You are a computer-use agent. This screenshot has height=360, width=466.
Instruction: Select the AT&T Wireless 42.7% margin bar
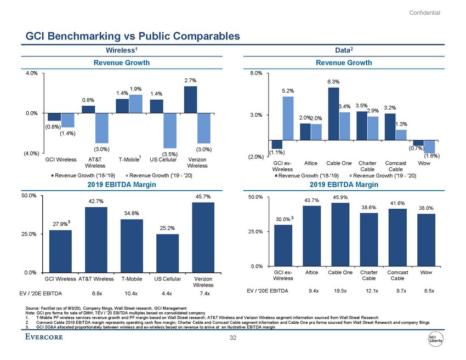click(x=96, y=239)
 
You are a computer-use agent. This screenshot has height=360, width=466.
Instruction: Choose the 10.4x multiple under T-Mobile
click(x=131, y=293)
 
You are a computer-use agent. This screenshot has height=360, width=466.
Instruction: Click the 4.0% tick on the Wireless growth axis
click(x=16, y=72)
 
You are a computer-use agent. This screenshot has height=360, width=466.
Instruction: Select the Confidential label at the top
click(x=425, y=13)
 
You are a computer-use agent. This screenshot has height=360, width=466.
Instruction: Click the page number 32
click(x=233, y=338)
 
